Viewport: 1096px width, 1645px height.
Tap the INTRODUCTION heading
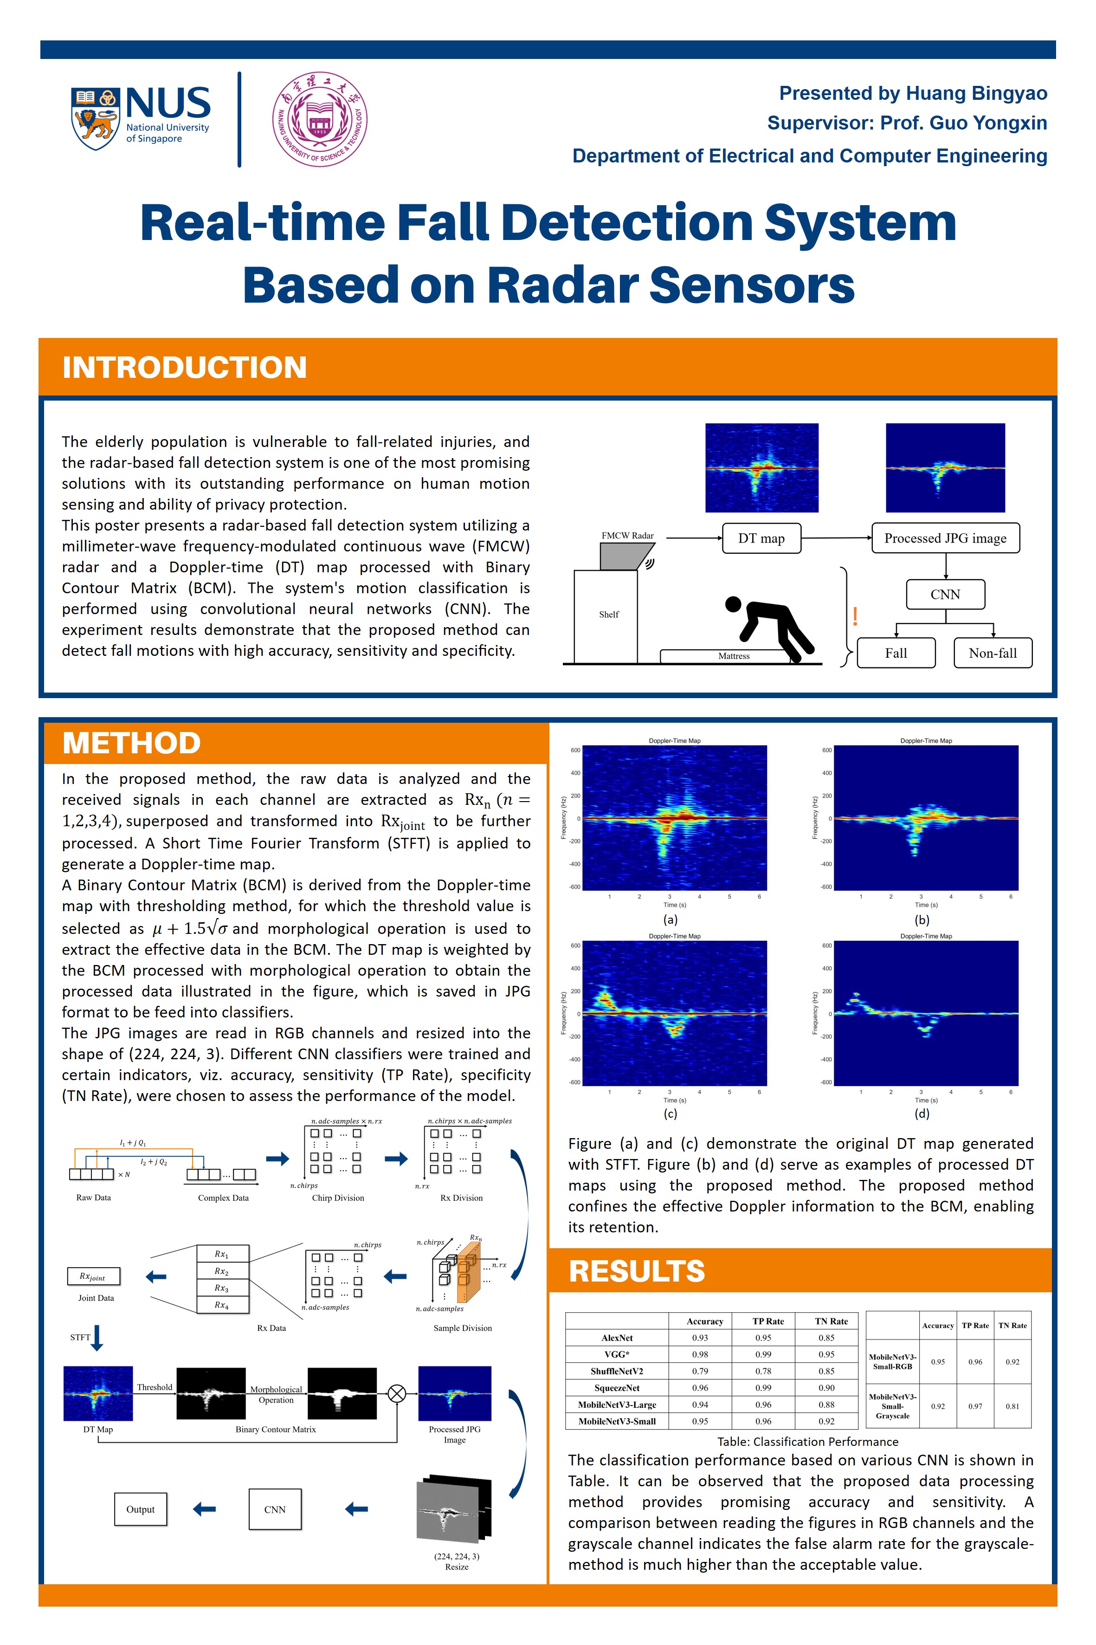(185, 368)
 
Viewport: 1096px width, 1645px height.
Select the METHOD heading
(131, 743)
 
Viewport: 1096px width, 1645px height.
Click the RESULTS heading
(637, 1271)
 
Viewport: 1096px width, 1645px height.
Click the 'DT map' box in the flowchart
(761, 538)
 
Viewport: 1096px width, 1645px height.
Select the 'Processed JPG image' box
(946, 538)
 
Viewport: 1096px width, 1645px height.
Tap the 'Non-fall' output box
(993, 653)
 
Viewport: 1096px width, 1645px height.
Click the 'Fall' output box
(896, 653)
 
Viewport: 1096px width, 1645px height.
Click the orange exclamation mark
(855, 616)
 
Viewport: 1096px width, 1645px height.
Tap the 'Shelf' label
(609, 615)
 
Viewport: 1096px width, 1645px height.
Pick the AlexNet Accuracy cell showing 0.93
(700, 1337)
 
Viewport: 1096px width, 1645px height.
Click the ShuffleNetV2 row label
(617, 1371)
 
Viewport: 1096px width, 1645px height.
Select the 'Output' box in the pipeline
(141, 1509)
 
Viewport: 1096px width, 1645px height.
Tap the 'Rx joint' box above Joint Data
(94, 1276)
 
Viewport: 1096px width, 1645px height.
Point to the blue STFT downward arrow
(97, 1337)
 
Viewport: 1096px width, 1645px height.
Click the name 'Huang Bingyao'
(976, 93)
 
